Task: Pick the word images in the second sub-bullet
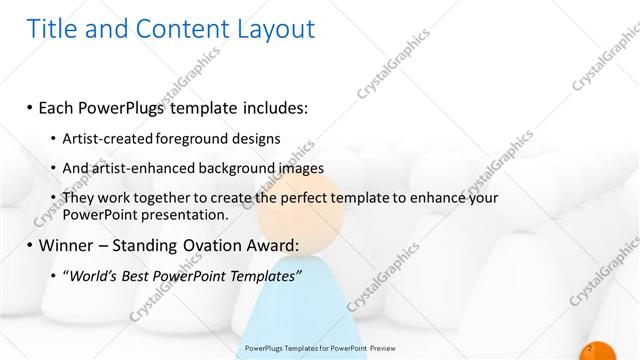[327, 167]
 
